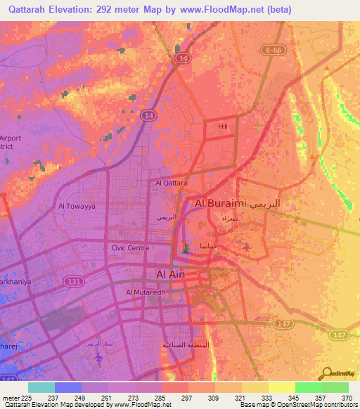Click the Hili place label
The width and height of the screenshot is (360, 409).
[223, 125]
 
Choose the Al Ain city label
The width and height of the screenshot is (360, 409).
[166, 274]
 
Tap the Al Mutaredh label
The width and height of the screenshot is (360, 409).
[146, 292]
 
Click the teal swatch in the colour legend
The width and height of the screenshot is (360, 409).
[41, 387]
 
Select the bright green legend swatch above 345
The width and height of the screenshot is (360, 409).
[308, 387]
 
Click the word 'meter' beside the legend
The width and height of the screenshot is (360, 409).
[9, 397]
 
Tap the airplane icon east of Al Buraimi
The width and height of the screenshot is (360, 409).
[245, 247]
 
